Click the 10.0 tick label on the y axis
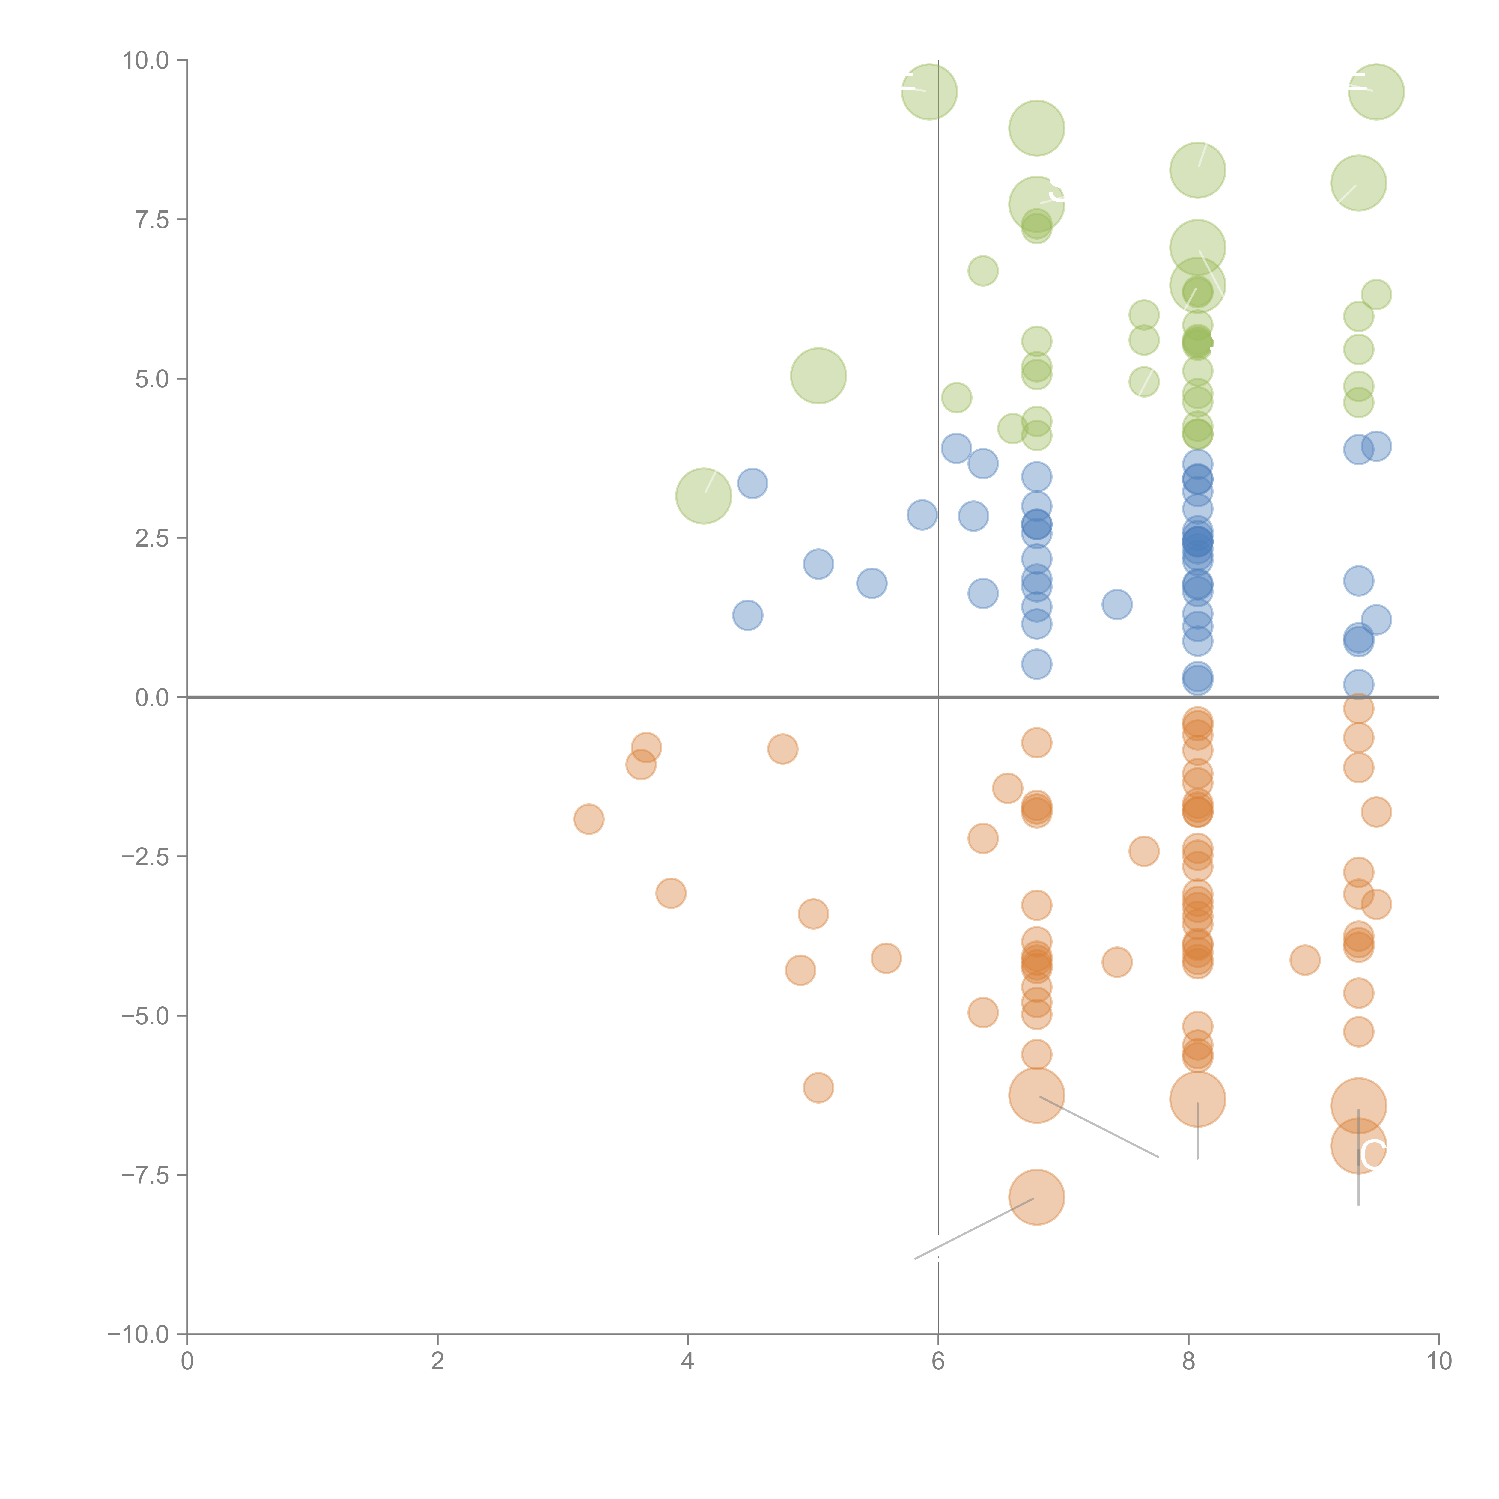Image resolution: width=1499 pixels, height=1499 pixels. click(x=146, y=61)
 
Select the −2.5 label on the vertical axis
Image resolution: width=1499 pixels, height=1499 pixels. click(x=146, y=857)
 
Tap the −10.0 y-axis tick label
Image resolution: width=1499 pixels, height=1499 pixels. click(x=140, y=1334)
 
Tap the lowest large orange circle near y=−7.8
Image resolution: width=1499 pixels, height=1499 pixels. click(x=1037, y=1197)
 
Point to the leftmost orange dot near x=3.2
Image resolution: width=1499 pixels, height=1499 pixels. click(x=589, y=819)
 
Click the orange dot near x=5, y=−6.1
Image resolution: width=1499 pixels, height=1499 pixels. click(x=818, y=1088)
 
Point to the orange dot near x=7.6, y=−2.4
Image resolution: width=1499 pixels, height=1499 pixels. click(x=1144, y=851)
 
